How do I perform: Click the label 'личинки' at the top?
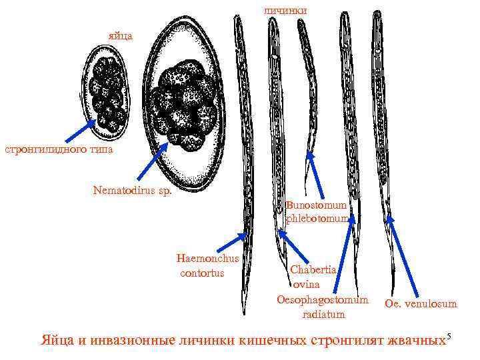pos(285,10)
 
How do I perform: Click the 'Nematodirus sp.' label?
pos(132,191)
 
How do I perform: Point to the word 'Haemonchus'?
pos(207,259)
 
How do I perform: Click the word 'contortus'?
pos(203,273)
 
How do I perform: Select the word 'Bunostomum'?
pos(317,205)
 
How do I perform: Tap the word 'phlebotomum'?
pos(318,218)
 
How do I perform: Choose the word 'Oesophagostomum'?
pos(322,299)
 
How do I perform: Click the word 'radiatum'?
pos(323,314)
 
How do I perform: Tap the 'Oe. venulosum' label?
pos(421,304)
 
